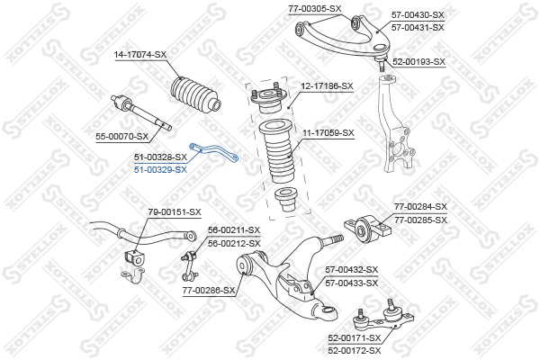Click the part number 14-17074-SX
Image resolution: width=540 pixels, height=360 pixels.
(x=141, y=55)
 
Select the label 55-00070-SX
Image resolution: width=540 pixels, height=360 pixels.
(x=122, y=136)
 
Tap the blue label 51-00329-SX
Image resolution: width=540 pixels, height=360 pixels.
(x=161, y=169)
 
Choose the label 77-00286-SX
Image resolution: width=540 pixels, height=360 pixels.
(x=210, y=291)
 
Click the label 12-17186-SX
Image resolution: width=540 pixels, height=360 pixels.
(x=328, y=86)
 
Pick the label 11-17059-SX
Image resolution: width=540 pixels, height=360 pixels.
(x=328, y=132)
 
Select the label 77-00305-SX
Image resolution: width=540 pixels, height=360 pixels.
(x=315, y=8)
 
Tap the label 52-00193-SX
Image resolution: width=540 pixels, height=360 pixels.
(x=418, y=62)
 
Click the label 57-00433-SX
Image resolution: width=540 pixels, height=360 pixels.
(x=352, y=283)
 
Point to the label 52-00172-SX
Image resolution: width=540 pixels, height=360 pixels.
(x=355, y=350)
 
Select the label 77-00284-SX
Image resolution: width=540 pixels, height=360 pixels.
(x=421, y=206)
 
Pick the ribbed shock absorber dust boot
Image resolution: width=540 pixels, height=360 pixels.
(x=277, y=158)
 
